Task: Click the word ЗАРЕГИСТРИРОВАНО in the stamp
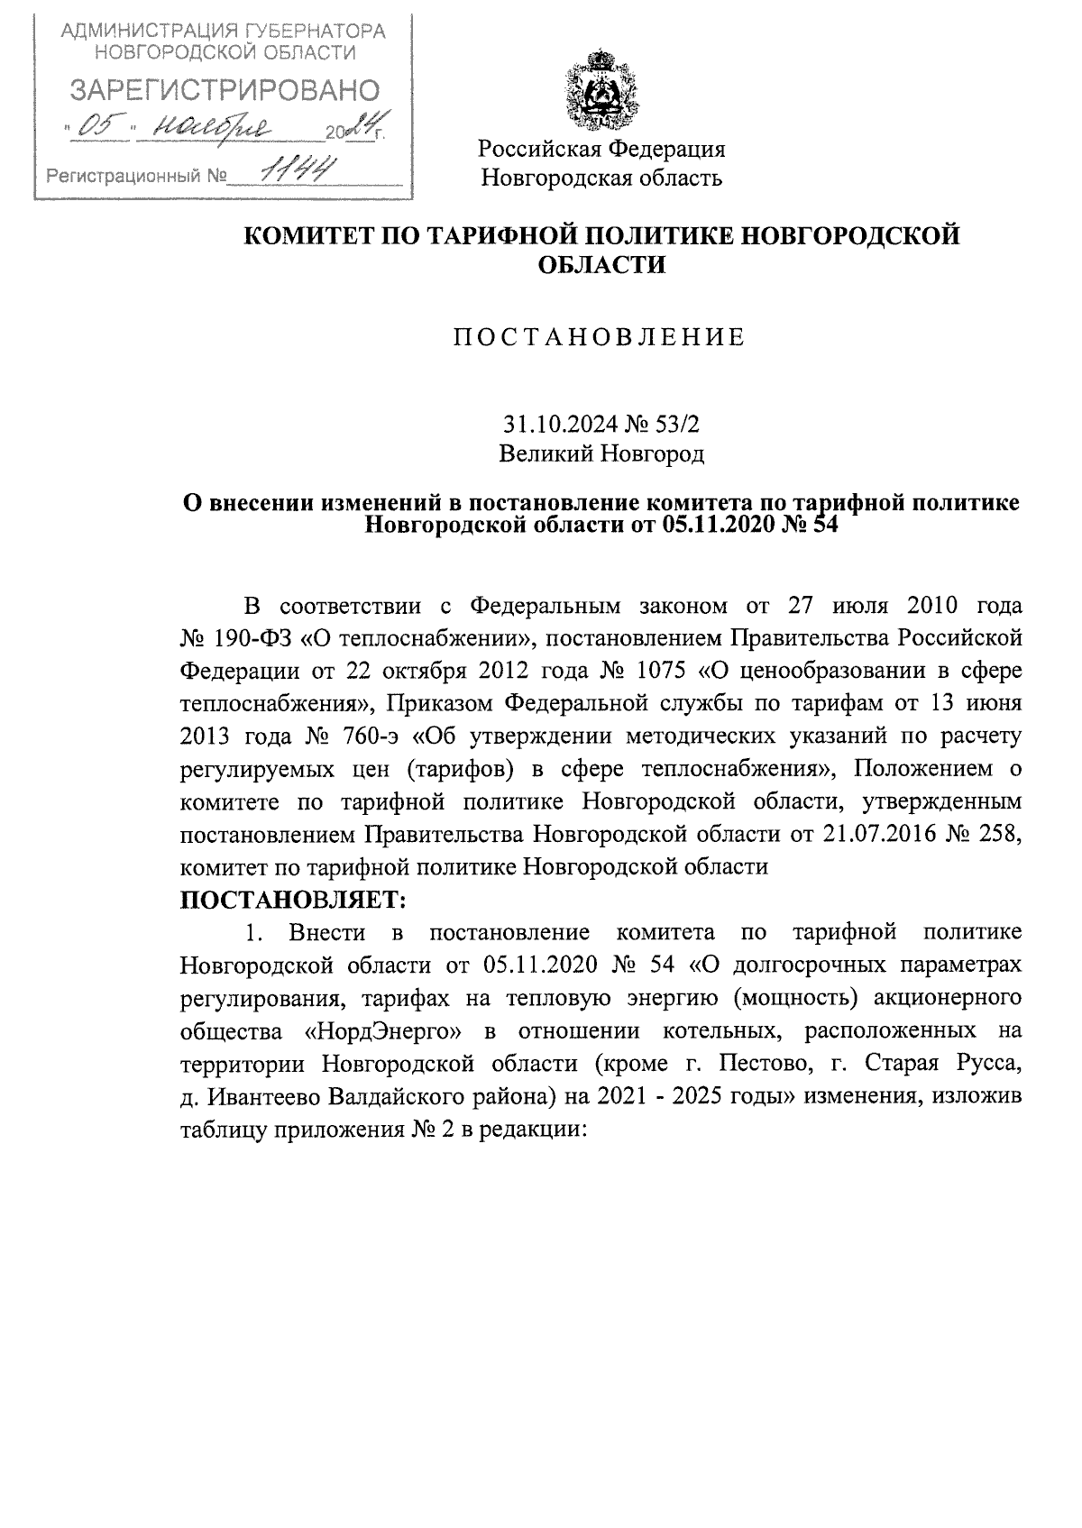pos(225,90)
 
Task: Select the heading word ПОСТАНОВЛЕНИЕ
pos(600,338)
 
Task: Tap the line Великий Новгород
pos(601,453)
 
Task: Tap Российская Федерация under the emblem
pos(601,148)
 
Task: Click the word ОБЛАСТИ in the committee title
pos(601,265)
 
